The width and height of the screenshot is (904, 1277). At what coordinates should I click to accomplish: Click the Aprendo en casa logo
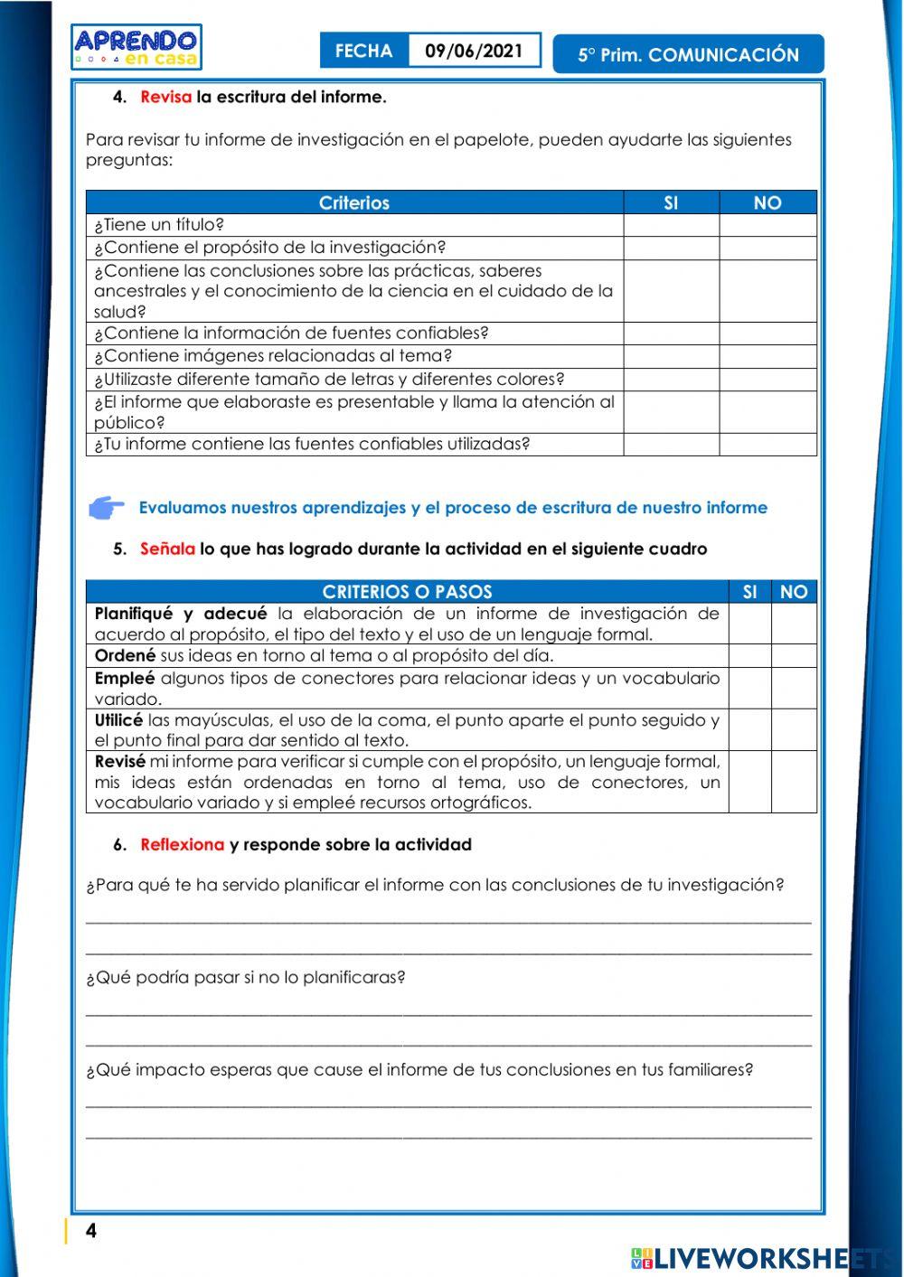pyautogui.click(x=137, y=47)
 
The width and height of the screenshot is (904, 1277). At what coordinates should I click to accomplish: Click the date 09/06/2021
pyautogui.click(x=474, y=51)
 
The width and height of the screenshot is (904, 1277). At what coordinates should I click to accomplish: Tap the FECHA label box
pyautogui.click(x=364, y=51)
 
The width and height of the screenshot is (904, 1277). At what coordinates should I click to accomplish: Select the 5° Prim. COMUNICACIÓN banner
pyautogui.click(x=688, y=54)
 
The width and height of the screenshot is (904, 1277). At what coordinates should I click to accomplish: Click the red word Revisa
pyautogui.click(x=165, y=97)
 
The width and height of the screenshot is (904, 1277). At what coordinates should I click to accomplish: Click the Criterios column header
pyautogui.click(x=354, y=202)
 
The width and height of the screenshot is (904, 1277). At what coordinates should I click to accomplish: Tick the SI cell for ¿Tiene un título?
pyautogui.click(x=671, y=225)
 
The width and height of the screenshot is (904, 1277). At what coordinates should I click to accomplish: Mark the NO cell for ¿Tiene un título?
pyautogui.click(x=767, y=225)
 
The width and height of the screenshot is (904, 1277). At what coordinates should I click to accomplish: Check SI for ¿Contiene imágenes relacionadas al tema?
pyautogui.click(x=671, y=356)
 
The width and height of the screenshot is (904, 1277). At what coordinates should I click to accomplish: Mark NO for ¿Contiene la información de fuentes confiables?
pyautogui.click(x=767, y=333)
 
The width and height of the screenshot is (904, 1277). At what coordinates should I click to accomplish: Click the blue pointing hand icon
pyautogui.click(x=107, y=508)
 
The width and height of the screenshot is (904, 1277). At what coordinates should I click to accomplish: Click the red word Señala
pyautogui.click(x=167, y=549)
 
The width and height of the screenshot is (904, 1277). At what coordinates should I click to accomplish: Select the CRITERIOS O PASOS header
pyautogui.click(x=407, y=592)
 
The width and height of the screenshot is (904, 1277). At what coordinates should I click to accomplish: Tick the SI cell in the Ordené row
pyautogui.click(x=749, y=655)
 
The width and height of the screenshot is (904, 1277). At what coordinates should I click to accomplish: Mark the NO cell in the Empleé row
pyautogui.click(x=794, y=688)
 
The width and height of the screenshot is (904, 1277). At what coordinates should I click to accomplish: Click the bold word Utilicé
pyautogui.click(x=118, y=720)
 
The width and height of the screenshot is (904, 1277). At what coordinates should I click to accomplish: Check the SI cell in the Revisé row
pyautogui.click(x=749, y=782)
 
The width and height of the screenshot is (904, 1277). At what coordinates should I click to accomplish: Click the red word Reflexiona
pyautogui.click(x=182, y=844)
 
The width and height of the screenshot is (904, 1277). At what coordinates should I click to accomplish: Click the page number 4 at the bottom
pyautogui.click(x=90, y=1231)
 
